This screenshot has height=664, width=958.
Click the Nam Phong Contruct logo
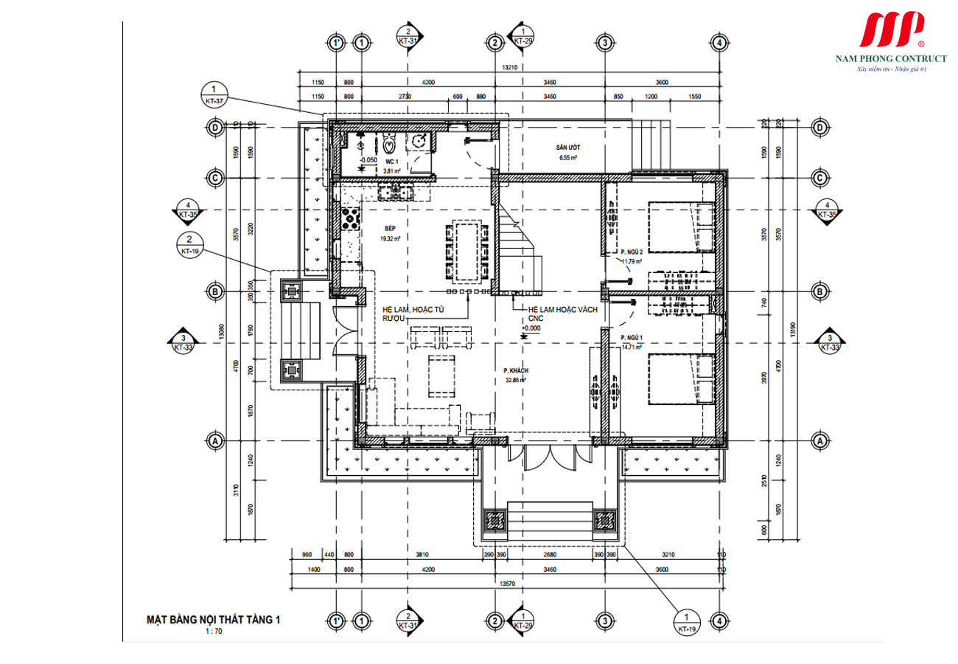tap(890, 41)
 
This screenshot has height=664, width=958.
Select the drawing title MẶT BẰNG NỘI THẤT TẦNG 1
tap(214, 620)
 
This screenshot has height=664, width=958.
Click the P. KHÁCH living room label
tap(516, 371)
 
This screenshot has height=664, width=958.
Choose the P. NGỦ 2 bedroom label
tap(631, 252)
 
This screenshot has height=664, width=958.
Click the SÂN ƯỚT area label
tap(567, 148)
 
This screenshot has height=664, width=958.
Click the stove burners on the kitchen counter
tap(350, 218)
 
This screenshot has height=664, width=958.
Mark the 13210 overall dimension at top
tap(508, 67)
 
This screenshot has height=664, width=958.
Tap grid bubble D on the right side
tap(819, 128)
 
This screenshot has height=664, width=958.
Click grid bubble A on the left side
tap(214, 440)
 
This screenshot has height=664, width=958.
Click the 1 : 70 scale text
tap(214, 632)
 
